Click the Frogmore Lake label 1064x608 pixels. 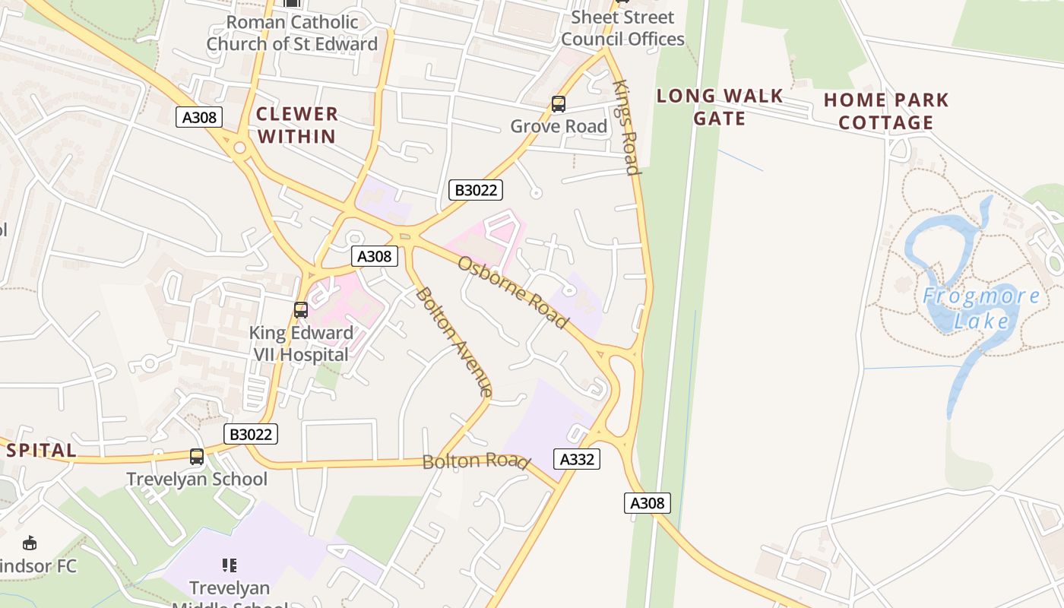[981, 308]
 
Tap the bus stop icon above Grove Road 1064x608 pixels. [559, 104]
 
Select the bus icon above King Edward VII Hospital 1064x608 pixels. [301, 310]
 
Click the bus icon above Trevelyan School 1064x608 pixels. [197, 457]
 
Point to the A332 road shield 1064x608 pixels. [577, 459]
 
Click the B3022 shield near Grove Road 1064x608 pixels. [476, 190]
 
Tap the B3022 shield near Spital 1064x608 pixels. [251, 434]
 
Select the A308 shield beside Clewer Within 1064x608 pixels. [200, 117]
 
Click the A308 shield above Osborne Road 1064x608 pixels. [375, 256]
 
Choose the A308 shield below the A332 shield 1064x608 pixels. [648, 502]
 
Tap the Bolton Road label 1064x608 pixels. [475, 461]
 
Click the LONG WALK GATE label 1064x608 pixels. [720, 107]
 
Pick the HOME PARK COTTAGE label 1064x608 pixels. [886, 111]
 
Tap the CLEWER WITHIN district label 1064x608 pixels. [296, 125]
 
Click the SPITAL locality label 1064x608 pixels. [41, 450]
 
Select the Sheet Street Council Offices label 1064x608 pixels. [622, 28]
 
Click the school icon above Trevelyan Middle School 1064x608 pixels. [230, 565]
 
